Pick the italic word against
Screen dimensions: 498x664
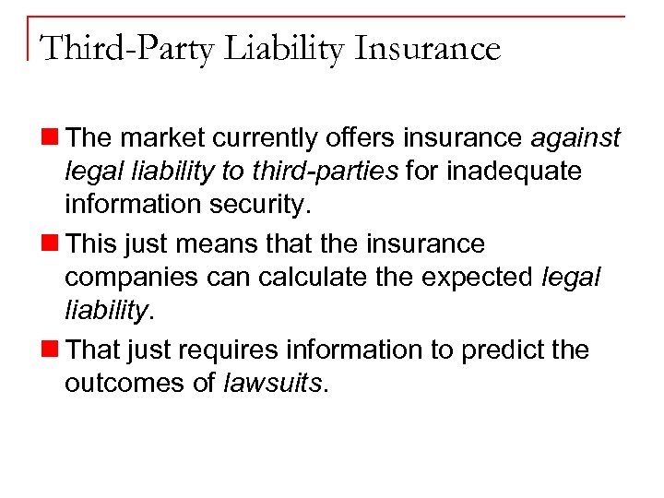[575, 138]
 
